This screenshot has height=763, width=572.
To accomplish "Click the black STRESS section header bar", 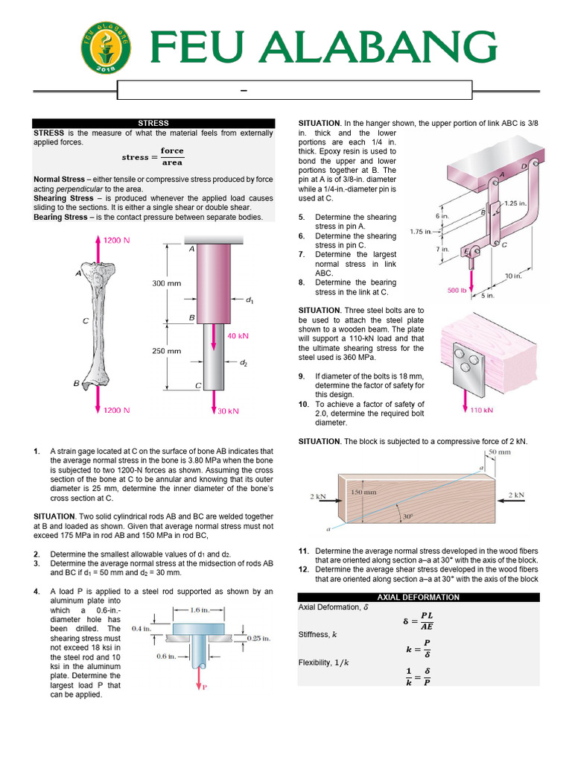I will [153, 124].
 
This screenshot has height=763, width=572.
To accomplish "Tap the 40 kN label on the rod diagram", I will [238, 335].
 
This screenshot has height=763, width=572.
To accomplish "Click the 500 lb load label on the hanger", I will [458, 291].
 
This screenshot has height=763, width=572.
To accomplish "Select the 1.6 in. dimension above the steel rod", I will [199, 610].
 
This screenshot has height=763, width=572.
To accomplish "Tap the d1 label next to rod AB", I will [250, 300].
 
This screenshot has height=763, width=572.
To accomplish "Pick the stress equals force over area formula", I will [153, 156].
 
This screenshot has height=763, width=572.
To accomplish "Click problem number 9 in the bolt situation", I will [302, 376].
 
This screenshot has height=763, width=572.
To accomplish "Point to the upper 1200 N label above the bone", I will [116, 241].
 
